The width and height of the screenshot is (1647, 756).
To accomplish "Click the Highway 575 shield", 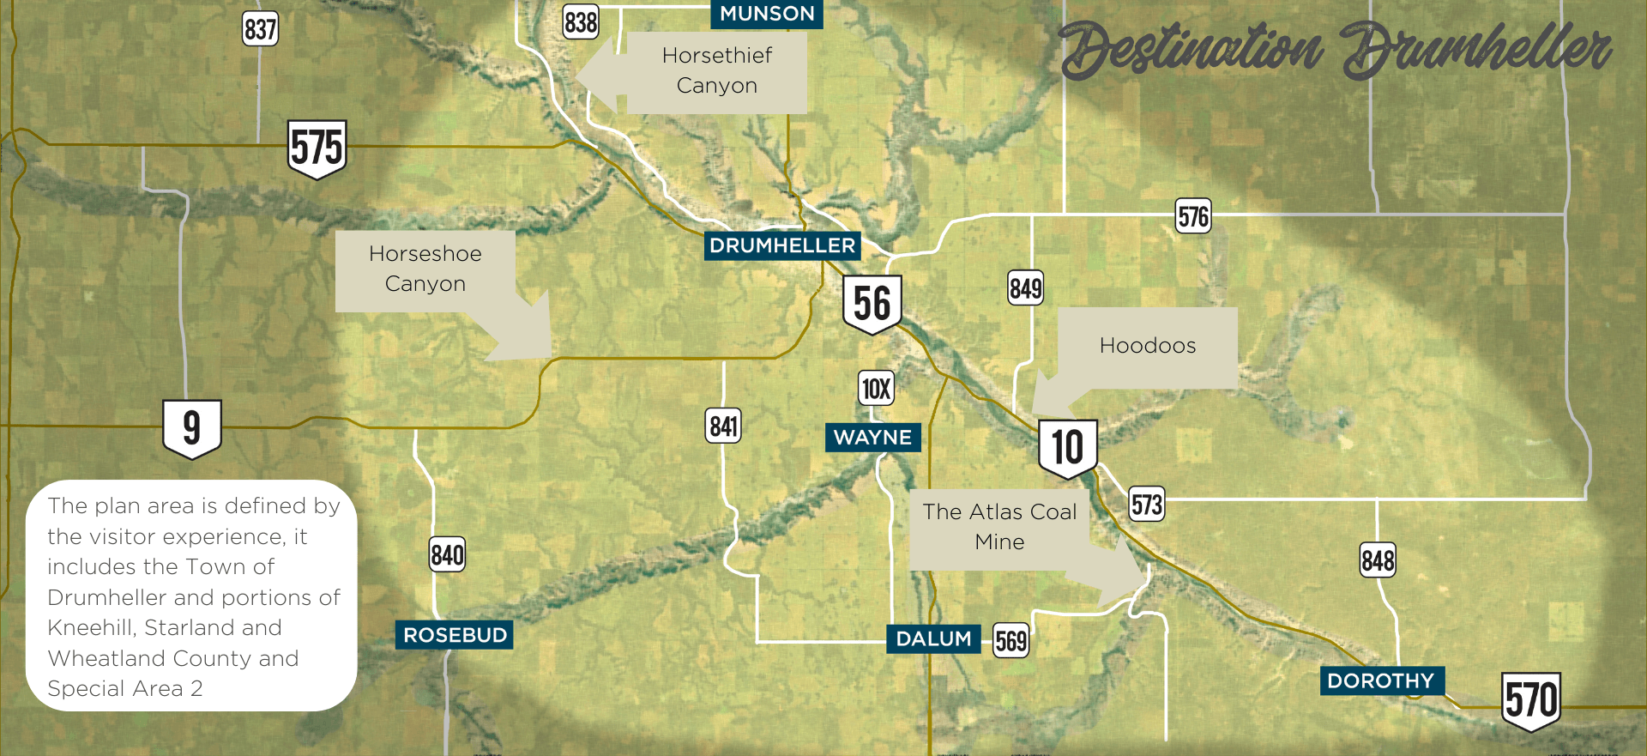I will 317,148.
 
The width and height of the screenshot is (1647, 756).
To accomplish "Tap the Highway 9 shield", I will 192,427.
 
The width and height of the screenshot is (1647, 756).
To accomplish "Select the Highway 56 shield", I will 872,304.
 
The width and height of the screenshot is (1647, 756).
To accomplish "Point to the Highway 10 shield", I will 1068,447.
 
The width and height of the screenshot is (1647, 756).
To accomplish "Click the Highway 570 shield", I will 1531,700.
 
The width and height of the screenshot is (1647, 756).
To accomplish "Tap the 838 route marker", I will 581,21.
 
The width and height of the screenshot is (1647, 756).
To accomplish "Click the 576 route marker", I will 1193,216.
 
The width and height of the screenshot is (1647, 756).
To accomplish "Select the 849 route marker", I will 1026,288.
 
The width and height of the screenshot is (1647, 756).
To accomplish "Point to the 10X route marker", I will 876,389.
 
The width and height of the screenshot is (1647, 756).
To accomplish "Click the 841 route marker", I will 724,426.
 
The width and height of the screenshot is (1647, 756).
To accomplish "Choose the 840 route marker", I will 447,555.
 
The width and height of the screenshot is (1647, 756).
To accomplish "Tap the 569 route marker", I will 1011,641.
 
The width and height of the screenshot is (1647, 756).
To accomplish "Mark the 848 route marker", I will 1378,560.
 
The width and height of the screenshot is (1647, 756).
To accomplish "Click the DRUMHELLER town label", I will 782,246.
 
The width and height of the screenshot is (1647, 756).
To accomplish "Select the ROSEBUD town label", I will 455,635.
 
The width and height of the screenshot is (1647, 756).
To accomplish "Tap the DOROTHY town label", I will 1381,680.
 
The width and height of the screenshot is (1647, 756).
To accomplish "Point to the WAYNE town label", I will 872,438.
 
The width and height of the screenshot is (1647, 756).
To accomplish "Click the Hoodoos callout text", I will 1147,346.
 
